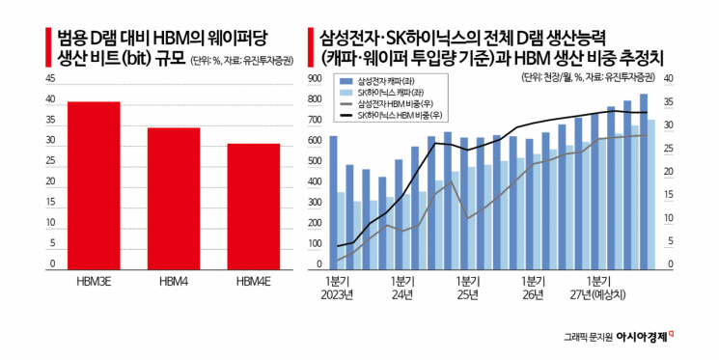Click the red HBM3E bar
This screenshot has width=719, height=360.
click(x=94, y=185)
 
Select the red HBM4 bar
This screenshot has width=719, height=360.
click(x=174, y=199)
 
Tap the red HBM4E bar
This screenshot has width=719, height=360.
click(x=253, y=207)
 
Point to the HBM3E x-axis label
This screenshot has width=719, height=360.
click(x=94, y=281)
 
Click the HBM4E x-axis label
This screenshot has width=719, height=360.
click(x=253, y=281)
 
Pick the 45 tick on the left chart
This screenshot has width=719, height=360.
click(x=50, y=79)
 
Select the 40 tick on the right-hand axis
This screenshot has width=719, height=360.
click(x=669, y=79)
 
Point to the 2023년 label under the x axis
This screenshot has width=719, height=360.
click(x=338, y=294)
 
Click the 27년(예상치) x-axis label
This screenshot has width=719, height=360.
click(x=599, y=294)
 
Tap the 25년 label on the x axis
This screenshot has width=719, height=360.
click(x=468, y=294)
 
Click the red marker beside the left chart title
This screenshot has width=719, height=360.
click(x=47, y=47)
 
